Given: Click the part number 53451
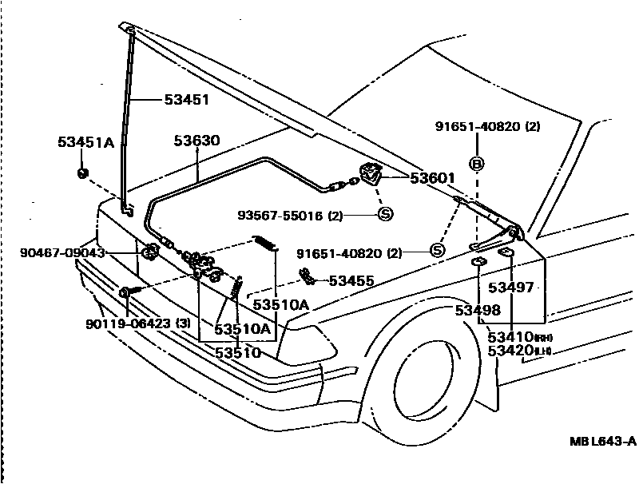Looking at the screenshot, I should (186, 100).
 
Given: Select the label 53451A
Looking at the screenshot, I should (85, 143).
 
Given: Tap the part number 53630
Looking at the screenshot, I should (196, 141).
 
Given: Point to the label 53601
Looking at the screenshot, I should (432, 177).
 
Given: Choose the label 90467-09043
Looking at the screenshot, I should (62, 253).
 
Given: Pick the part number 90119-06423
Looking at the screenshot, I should (127, 323).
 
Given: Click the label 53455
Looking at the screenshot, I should (351, 280).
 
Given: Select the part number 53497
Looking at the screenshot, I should (511, 288).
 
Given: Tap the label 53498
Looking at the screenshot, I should (478, 311).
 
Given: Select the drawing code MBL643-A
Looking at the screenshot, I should (602, 441).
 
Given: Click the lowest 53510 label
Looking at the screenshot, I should (237, 352).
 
